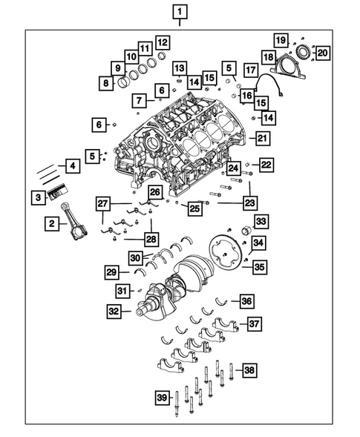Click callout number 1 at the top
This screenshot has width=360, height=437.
[x=181, y=12]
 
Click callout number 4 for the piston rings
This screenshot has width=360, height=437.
[x=72, y=165]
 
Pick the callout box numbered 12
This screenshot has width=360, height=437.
[x=161, y=42]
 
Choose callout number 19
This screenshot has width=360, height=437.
[x=281, y=39]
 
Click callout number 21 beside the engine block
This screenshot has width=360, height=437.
[x=262, y=137]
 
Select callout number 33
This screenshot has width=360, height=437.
[x=261, y=221]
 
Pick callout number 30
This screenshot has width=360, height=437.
[x=134, y=257]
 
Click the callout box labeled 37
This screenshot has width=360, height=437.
[x=254, y=323]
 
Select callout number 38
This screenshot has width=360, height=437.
[x=249, y=369]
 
